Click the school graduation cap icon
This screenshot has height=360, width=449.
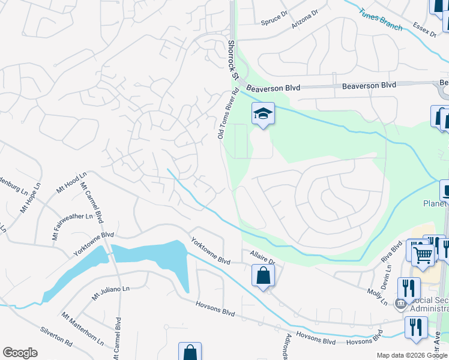pyautogui.click(x=262, y=113)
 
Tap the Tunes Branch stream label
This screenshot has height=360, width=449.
pyautogui.click(x=381, y=19)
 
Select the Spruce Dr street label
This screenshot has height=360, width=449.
pyautogui.click(x=276, y=21)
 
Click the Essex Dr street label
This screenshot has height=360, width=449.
pyautogui.click(x=424, y=30)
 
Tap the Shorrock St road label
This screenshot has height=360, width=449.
pyautogui.click(x=232, y=61)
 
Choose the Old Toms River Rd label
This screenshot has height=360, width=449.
pyautogui.click(x=228, y=114)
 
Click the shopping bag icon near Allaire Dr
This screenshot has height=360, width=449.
pyautogui.click(x=263, y=276)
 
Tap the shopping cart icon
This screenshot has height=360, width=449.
pyautogui.click(x=423, y=254)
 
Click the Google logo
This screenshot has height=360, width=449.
pyautogui.click(x=20, y=353)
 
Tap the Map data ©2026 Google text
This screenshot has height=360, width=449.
pyautogui.click(x=411, y=355)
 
